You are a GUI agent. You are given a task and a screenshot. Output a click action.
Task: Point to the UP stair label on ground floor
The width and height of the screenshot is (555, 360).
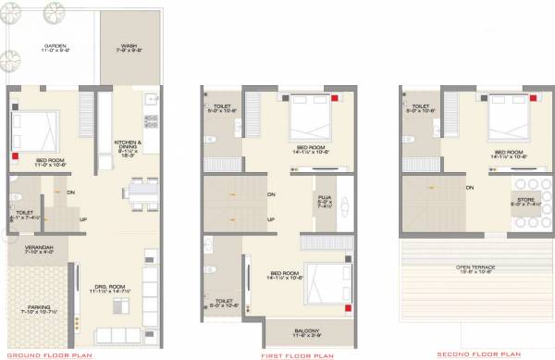coord(83,219)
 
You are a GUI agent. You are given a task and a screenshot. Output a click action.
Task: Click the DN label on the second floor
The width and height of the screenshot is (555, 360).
coord(469,188)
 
